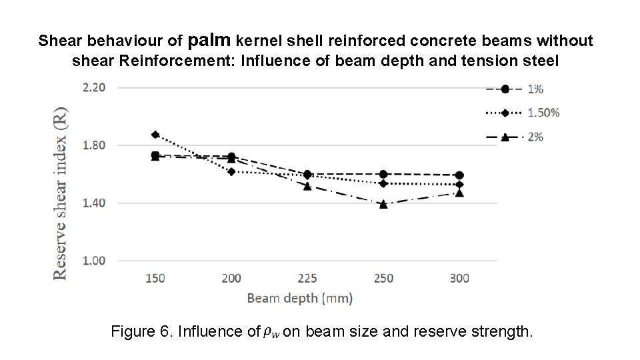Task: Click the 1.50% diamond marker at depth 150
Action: (x=155, y=135)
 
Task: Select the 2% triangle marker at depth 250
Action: (x=383, y=204)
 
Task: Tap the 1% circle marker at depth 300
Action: (x=459, y=175)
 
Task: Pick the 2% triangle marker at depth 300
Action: (x=459, y=193)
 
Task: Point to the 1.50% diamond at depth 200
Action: (x=231, y=171)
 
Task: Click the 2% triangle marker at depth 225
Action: (x=307, y=186)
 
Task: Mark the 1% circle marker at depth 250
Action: (x=383, y=174)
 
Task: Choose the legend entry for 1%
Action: (x=523, y=89)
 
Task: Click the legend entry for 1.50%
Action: (x=523, y=113)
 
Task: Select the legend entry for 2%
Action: (x=523, y=137)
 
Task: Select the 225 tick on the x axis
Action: (x=307, y=278)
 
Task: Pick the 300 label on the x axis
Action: (x=459, y=278)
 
